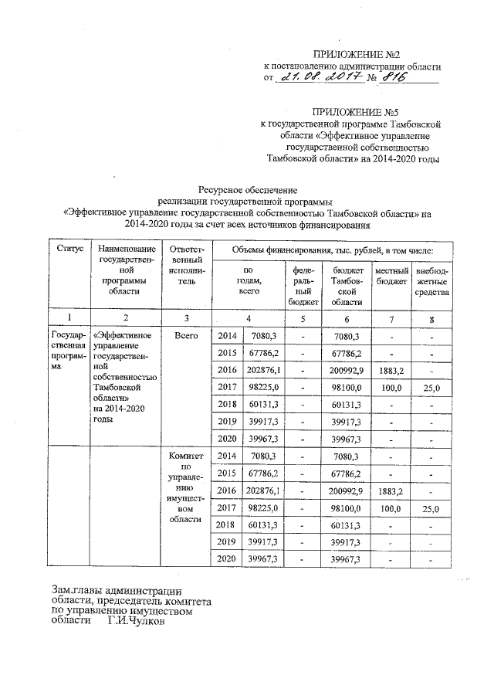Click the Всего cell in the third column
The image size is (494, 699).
tap(185, 337)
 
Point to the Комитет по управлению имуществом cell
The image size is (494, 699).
tap(185, 487)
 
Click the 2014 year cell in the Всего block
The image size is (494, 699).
tap(228, 337)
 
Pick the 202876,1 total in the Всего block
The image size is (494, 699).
tap(265, 370)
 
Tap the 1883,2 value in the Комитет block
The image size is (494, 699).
tap(391, 491)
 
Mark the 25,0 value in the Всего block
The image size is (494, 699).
tap(431, 387)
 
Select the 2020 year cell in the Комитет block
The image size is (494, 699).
tap(228, 558)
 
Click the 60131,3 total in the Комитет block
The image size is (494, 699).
tap(265, 524)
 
